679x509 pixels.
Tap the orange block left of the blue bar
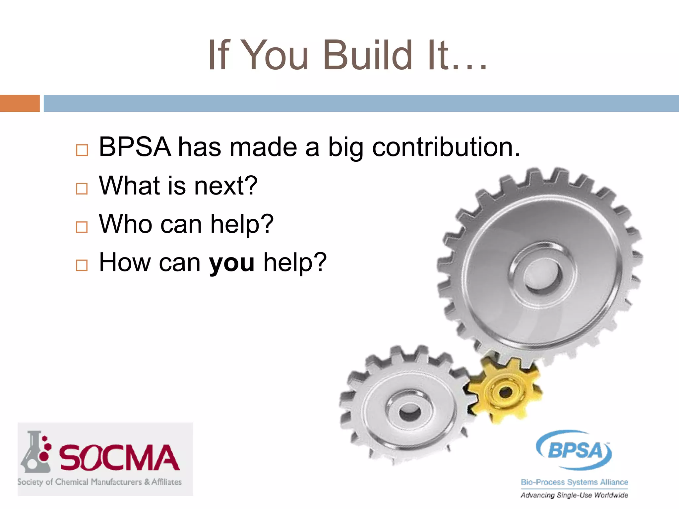[20, 103]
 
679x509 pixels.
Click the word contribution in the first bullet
[446, 147]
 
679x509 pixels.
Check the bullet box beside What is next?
[82, 189]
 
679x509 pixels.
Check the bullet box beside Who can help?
[82, 227]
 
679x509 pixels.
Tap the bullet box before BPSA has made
[82, 150]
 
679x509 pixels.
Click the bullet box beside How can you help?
[82, 265]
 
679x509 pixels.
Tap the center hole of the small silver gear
[410, 412]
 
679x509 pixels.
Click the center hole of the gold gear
[506, 393]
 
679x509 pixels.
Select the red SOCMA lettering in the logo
[119, 458]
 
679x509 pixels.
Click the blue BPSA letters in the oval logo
[575, 450]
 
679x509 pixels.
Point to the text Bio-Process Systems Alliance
[574, 482]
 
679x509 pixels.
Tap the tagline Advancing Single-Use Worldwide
[574, 495]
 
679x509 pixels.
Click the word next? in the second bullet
[225, 186]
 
